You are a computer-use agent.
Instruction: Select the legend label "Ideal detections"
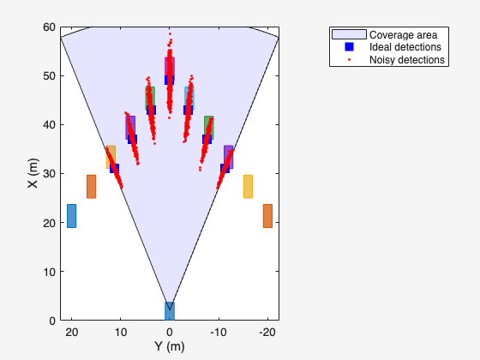point(405,47)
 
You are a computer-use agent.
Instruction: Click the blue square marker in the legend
point(349,47)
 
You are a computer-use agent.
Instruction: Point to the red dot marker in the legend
point(349,60)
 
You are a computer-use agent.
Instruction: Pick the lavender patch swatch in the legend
point(349,34)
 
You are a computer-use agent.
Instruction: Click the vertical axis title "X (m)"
point(33,174)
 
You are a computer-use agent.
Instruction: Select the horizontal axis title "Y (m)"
point(169,346)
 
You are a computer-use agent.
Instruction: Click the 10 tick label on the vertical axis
point(50,272)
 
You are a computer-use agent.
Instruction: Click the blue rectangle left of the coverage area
point(71,215)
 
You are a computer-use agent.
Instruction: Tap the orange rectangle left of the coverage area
point(91,186)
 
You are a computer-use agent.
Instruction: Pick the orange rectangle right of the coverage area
point(267,215)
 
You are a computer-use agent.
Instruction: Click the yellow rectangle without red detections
point(248,186)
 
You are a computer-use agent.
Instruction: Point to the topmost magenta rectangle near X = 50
point(170,66)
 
